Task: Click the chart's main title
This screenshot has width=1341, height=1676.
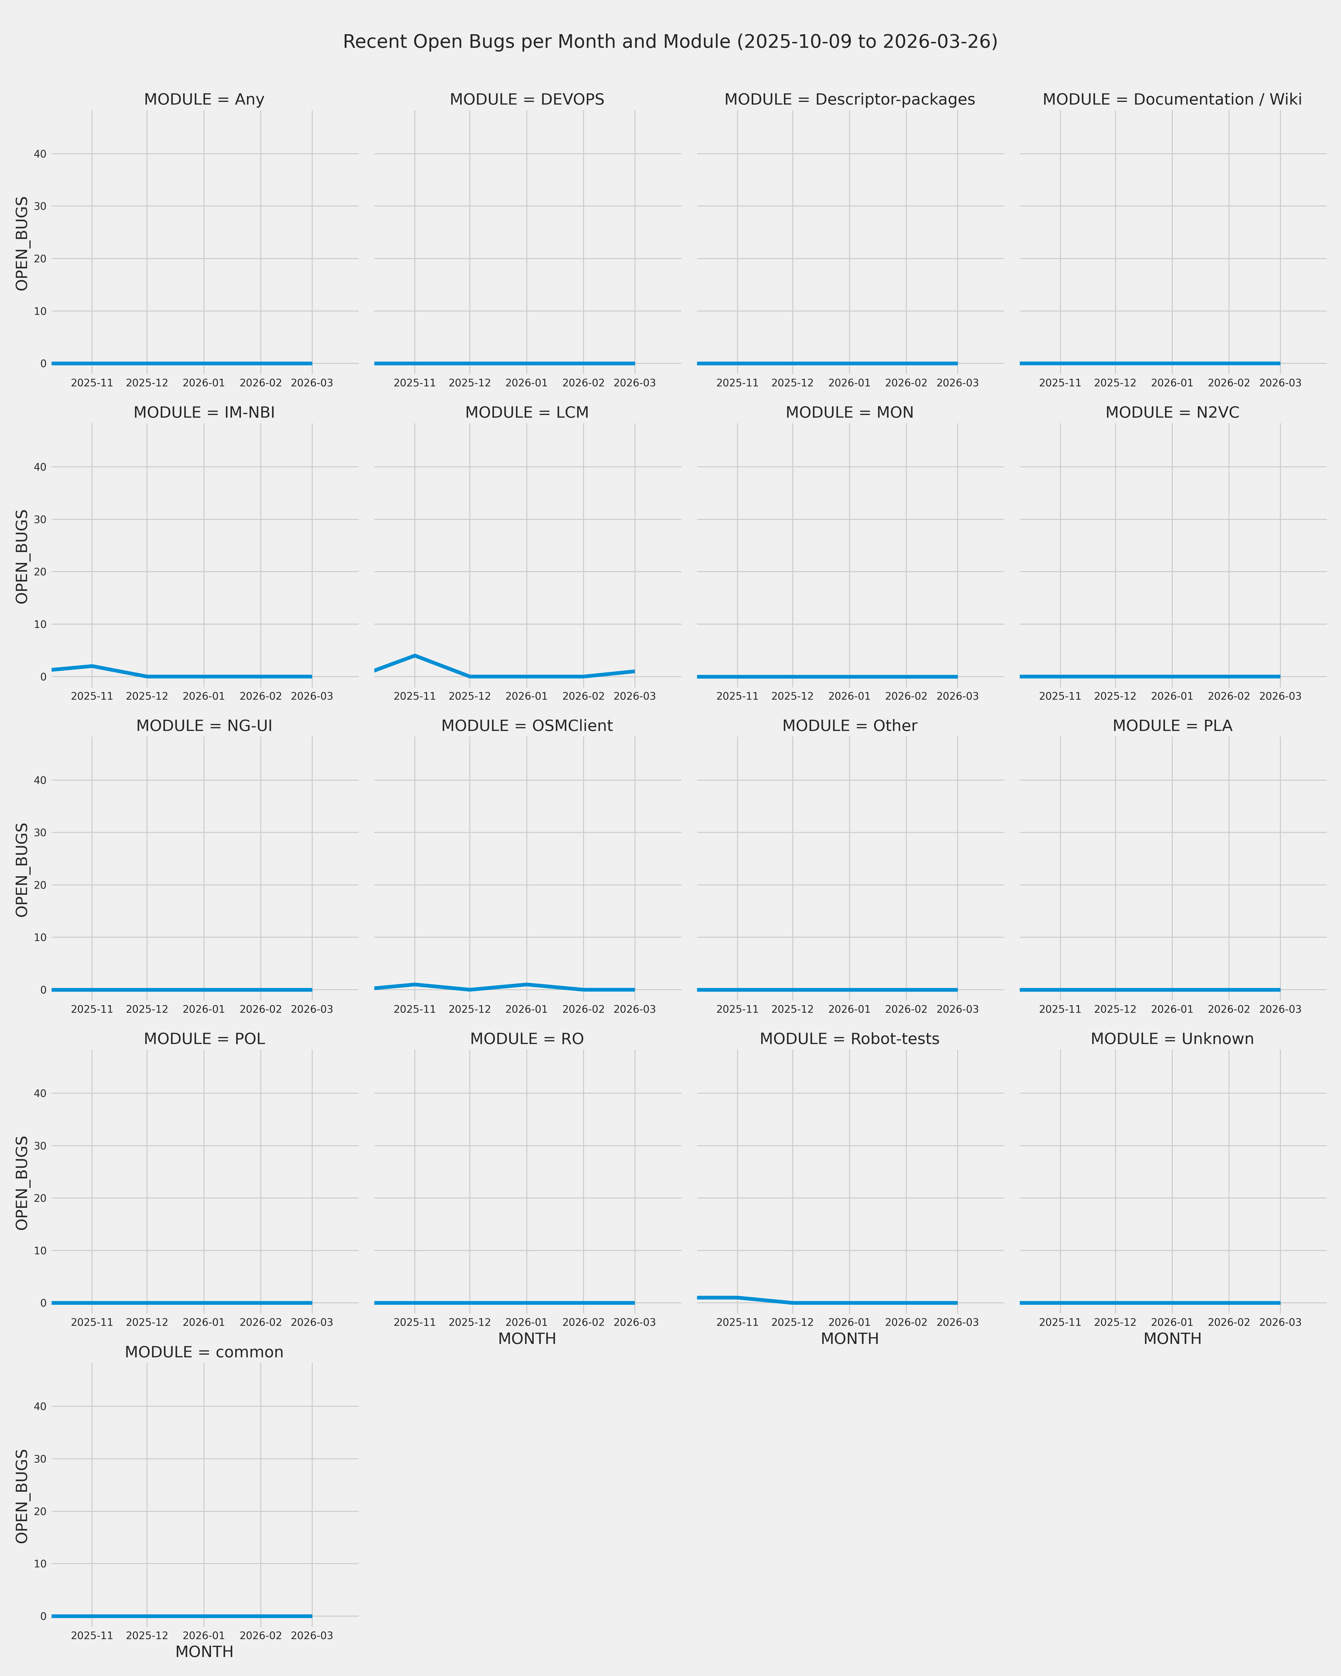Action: (x=670, y=42)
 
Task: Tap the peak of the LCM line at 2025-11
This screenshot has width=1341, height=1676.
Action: (x=415, y=655)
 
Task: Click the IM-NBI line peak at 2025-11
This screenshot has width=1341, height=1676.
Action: (x=93, y=666)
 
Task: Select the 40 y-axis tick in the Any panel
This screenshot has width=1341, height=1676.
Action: (x=40, y=154)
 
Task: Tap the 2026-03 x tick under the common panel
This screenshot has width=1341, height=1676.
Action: (x=312, y=1636)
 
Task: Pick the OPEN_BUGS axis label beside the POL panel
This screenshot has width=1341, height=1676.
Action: (x=22, y=1183)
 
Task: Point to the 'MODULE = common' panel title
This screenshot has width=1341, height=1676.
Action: (x=204, y=1353)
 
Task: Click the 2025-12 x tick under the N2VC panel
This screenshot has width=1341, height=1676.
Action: (x=1115, y=697)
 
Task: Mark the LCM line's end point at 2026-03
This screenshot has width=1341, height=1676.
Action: (x=634, y=671)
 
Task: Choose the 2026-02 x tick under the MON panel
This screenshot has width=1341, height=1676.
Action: (x=906, y=697)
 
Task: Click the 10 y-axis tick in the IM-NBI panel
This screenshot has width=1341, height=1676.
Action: (x=40, y=624)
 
